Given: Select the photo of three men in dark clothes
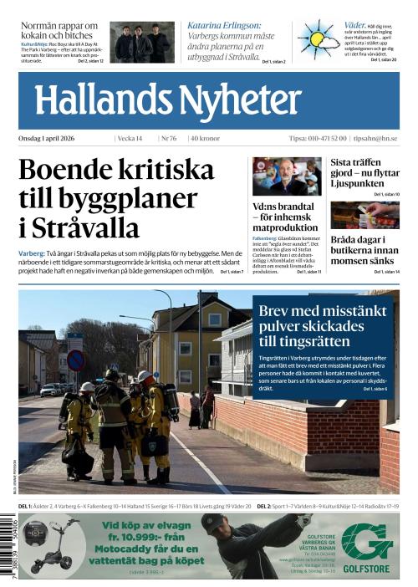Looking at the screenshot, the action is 142,43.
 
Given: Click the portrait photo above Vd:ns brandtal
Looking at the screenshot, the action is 287,176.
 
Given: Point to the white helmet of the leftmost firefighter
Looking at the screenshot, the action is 87,387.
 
